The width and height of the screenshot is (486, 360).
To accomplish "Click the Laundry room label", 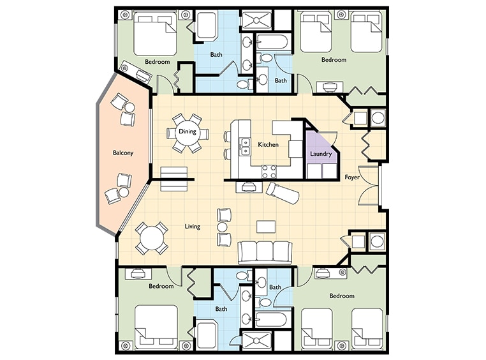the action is coord(320,153).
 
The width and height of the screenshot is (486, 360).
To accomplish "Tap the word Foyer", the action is coord(352,177).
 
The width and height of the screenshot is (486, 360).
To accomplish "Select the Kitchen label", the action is coord(268,144).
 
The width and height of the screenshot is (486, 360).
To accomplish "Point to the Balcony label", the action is coord(122,153).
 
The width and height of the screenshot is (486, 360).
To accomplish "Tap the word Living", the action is coord(192,227).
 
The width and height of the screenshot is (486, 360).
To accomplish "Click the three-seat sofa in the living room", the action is coord(265,251).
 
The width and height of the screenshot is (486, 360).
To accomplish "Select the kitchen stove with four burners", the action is coord(269,172).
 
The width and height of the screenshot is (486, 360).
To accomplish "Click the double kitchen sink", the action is coord(245,147).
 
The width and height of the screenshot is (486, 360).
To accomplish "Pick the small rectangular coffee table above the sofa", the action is coord(266,227).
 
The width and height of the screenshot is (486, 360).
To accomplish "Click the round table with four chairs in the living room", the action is coord(152,239).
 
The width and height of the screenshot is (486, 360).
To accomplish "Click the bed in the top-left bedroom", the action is coord(155,34).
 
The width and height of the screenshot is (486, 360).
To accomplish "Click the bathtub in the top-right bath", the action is coord(272,42).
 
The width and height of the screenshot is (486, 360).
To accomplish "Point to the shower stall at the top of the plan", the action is coord(256,20).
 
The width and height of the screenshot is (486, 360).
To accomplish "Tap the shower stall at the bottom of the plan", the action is coord(256,341).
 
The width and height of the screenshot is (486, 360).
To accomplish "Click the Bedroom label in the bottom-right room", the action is coord(342,296).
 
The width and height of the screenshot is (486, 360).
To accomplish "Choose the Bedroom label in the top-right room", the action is coord(334,59).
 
